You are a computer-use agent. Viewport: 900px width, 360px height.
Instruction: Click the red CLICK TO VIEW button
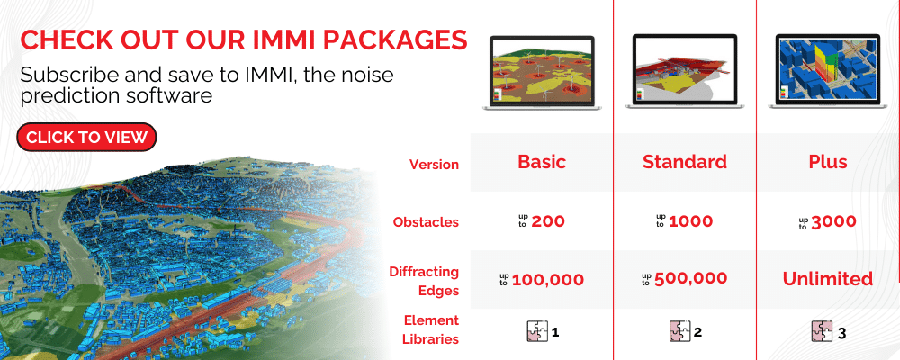86,137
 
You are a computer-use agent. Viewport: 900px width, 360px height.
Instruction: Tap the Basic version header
541,162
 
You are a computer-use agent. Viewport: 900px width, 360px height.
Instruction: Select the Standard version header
684,162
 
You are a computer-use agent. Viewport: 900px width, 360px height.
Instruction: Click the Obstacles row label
426,221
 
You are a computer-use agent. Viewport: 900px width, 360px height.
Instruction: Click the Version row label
434,165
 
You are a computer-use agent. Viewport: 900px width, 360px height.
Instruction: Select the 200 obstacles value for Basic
548,221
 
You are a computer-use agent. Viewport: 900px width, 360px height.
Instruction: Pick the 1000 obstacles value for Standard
691,221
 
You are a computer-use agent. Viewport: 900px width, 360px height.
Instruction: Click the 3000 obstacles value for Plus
832,221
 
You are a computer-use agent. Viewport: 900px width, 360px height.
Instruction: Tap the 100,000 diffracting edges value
547,278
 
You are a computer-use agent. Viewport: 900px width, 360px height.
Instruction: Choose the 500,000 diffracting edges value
690,278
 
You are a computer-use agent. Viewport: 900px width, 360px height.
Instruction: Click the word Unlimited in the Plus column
827,278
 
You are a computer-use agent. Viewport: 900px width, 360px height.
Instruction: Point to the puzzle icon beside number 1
536,332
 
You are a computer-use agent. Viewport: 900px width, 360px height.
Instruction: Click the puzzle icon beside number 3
823,332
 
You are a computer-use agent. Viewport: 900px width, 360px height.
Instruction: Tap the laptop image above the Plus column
827,73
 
